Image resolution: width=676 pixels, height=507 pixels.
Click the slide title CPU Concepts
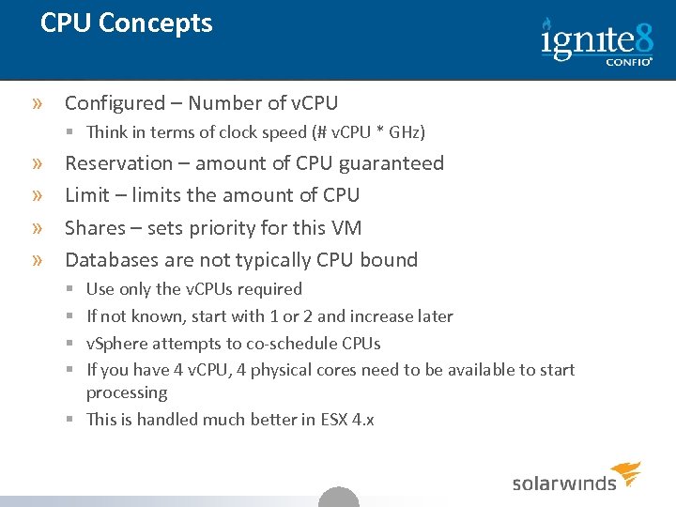click(x=127, y=23)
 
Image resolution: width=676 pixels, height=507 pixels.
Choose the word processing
click(x=127, y=393)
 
